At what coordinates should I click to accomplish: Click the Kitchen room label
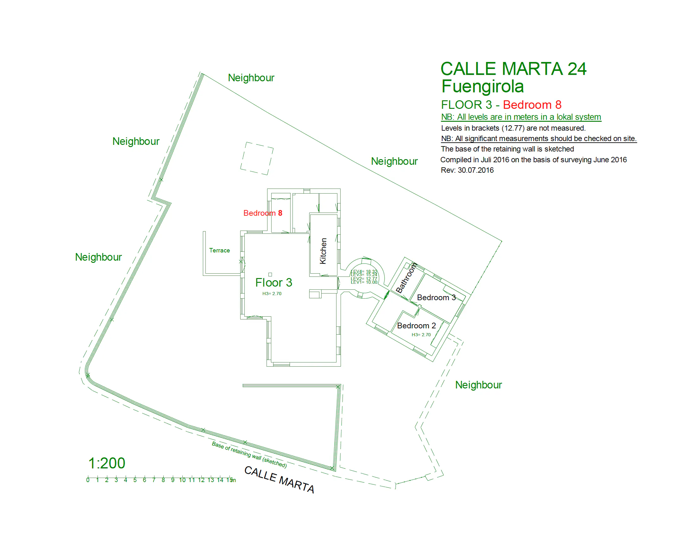(323, 251)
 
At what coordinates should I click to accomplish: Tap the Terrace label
(219, 250)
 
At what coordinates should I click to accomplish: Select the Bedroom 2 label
(416, 325)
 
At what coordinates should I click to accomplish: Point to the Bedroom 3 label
(436, 297)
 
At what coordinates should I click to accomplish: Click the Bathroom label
(406, 278)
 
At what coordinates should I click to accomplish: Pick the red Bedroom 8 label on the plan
(262, 213)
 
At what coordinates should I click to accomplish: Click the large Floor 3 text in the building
(273, 282)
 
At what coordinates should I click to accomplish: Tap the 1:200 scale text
(107, 463)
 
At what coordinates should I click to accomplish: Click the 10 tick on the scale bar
(182, 480)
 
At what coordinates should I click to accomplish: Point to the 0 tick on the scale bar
(88, 480)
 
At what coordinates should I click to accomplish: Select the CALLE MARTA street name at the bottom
(279, 480)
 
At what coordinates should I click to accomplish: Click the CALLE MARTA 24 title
(513, 69)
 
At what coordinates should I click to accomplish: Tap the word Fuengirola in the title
(482, 86)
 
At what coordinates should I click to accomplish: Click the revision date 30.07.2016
(475, 170)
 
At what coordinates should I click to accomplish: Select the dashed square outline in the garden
(257, 158)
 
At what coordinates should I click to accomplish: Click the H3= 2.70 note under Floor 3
(272, 294)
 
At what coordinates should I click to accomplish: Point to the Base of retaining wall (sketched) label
(249, 455)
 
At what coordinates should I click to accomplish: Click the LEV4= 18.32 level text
(364, 271)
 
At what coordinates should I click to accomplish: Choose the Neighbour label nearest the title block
(394, 161)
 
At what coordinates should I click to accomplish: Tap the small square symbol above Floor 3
(270, 274)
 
